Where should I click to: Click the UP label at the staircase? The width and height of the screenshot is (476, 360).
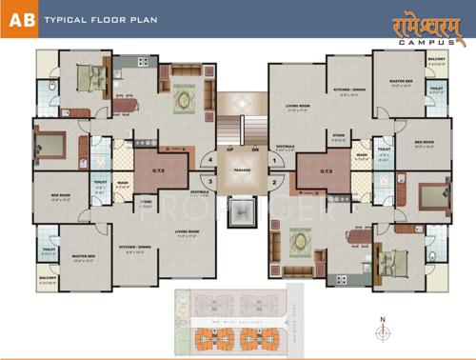click(x=229, y=150)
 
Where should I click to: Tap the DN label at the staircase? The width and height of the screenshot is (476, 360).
click(x=255, y=150)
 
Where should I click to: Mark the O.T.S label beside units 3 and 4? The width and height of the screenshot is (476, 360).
click(x=159, y=171)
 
